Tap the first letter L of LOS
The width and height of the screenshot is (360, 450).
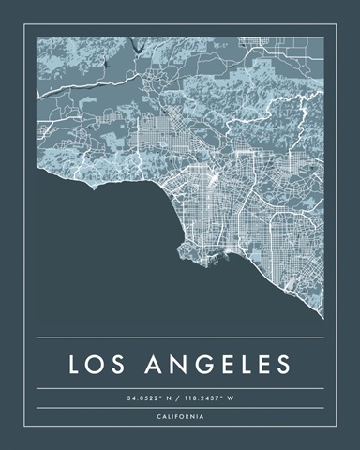tap(75, 364)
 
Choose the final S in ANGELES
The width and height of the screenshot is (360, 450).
tap(282, 364)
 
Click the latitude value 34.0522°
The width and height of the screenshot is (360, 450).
tap(145, 398)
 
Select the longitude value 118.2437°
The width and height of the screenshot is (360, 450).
tap(207, 398)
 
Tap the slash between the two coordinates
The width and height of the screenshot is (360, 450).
tap(181, 398)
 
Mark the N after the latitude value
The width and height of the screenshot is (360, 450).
tap(171, 398)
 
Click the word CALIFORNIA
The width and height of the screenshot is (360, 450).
tap(180, 416)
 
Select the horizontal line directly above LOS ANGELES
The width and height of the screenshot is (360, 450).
tap(180, 337)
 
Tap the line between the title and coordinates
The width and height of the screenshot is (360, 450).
tap(180, 388)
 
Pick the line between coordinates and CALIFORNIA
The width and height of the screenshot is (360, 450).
tap(180, 408)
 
